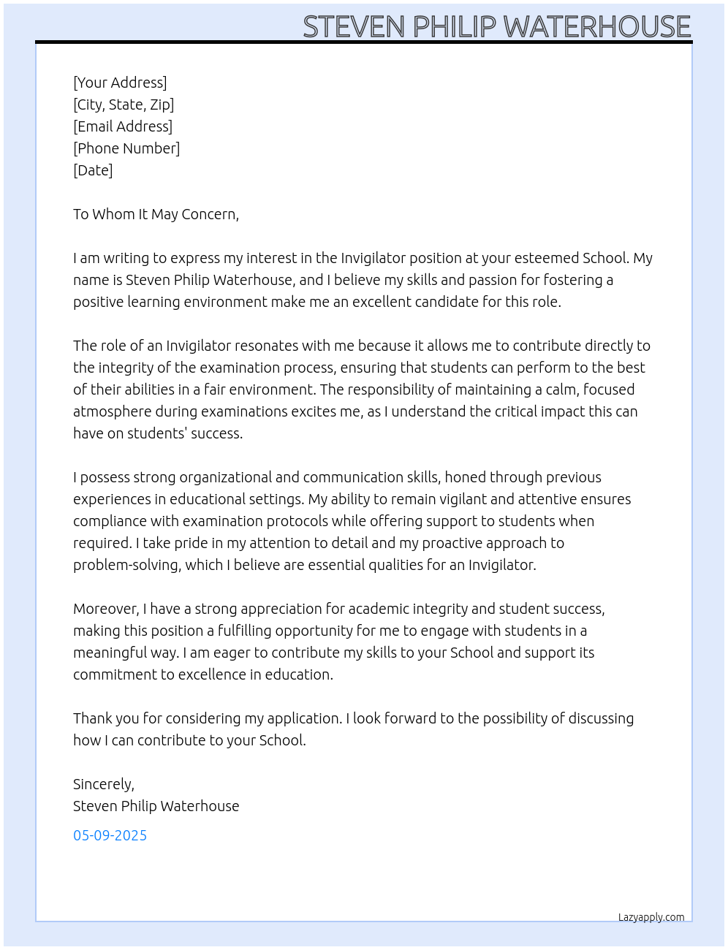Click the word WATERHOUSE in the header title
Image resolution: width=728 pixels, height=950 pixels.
point(596,27)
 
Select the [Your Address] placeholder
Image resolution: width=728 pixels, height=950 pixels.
point(120,83)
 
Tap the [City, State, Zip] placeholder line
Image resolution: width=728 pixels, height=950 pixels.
point(124,104)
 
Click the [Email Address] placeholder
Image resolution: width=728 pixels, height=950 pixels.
point(123,126)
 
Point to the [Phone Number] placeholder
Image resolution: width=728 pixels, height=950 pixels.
point(126,148)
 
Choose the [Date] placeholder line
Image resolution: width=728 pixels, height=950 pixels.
point(93,170)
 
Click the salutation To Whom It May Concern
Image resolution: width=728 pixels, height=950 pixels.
point(156,214)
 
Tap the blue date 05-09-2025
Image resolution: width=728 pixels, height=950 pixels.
point(110,835)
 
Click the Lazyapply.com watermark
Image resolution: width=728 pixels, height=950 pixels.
point(651,917)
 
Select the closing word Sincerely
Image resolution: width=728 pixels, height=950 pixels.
point(103,784)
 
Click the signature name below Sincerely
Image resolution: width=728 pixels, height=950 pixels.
point(156,806)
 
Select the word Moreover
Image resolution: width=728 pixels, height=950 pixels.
point(105,609)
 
